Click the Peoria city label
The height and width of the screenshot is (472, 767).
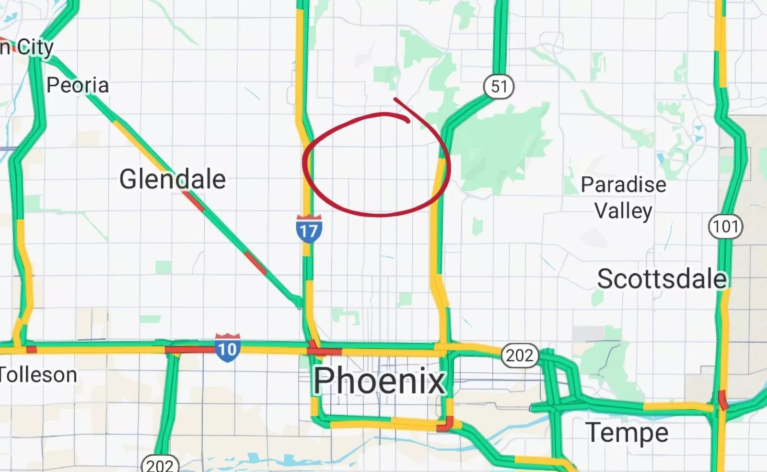(78, 85)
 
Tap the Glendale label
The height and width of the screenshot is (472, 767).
(173, 179)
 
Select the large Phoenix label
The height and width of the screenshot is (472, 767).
(380, 380)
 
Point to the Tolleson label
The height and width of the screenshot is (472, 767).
(38, 374)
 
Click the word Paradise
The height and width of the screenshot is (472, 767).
(623, 184)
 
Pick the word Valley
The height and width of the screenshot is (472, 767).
(623, 210)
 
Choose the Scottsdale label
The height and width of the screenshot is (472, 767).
(662, 279)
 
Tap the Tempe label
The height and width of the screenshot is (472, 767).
(627, 432)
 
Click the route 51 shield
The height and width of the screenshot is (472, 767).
(499, 86)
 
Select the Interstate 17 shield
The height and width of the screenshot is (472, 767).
(309, 230)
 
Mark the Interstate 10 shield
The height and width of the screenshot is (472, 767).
(227, 347)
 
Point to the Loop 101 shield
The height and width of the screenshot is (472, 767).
(725, 226)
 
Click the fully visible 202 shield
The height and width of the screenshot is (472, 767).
(520, 355)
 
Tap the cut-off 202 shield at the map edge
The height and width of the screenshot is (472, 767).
(160, 464)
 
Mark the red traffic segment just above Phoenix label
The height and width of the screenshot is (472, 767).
(324, 351)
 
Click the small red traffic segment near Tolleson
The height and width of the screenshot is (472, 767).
(31, 349)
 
